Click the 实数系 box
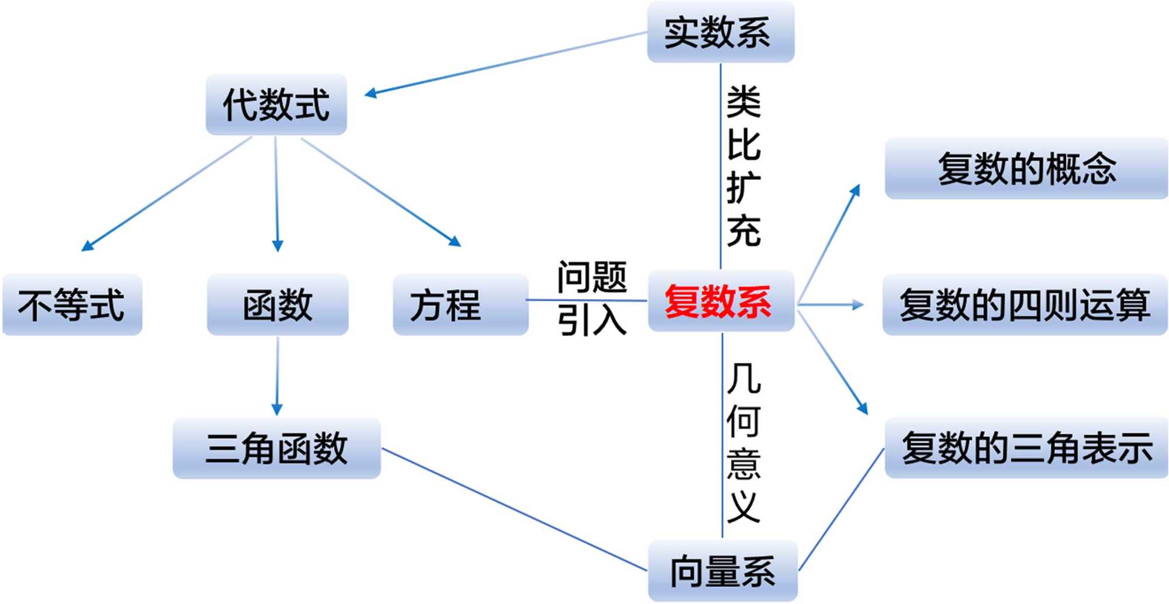tap(720, 32)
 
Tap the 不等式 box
tap(72, 304)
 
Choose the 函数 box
tap(278, 304)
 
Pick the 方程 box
tap(460, 304)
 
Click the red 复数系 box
tap(720, 301)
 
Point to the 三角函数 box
tap(276, 448)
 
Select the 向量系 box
tap(722, 571)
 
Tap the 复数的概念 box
tap(1026, 169)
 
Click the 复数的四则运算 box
tap(1025, 304)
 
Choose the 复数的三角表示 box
tap(1026, 448)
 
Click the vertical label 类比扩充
tap(743, 166)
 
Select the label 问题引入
tap(592, 298)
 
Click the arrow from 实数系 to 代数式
tap(506, 63)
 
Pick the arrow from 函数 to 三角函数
tap(278, 377)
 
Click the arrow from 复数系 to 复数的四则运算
tap(830, 304)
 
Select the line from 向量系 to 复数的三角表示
tap(842, 509)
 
